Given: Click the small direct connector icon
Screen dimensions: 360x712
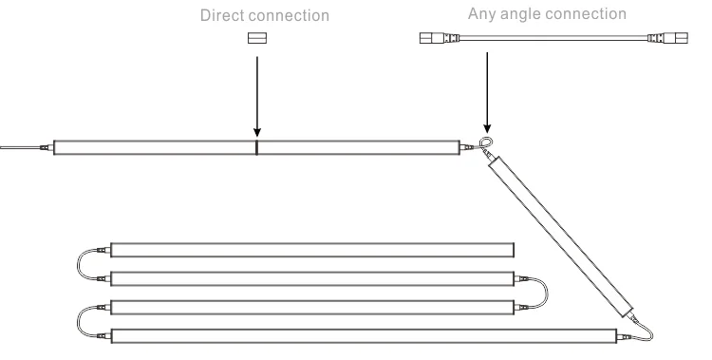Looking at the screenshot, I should point(256,40).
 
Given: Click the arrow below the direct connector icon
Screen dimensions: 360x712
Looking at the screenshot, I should point(256,95).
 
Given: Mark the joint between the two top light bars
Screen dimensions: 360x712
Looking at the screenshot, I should point(256,148).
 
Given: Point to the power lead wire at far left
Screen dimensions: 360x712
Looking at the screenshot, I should point(19,148).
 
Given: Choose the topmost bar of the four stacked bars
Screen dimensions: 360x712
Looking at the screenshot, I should point(313,251).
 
